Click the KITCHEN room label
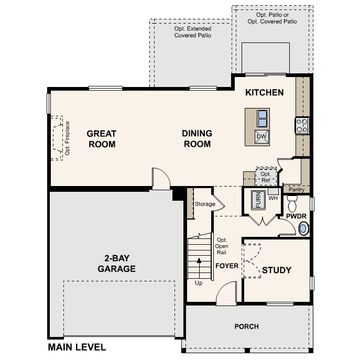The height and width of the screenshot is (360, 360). [x=265, y=93]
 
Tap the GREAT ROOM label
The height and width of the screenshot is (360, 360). [x=102, y=139]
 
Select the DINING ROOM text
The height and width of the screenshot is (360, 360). [x=197, y=139]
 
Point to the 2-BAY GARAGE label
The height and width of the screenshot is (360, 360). [x=116, y=264]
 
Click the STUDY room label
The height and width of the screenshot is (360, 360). [x=276, y=270]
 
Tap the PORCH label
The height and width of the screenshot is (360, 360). [x=246, y=326]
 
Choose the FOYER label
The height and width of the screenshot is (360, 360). [x=227, y=266]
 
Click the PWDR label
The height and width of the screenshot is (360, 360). [x=296, y=216]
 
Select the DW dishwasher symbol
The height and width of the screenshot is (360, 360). [x=262, y=137]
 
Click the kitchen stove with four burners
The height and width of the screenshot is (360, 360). [x=302, y=125]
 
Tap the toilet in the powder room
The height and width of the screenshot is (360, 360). [x=292, y=201]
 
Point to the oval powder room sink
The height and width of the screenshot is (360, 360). [x=303, y=228]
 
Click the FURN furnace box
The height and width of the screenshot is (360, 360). [x=257, y=200]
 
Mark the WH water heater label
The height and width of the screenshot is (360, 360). [x=272, y=198]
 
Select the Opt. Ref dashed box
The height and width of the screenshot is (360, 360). [x=266, y=176]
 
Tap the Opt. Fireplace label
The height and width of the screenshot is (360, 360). [x=67, y=138]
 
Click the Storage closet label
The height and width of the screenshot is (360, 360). [x=205, y=204]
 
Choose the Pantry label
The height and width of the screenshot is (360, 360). [x=296, y=190]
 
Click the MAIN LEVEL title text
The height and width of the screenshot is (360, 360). [x=77, y=347]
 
